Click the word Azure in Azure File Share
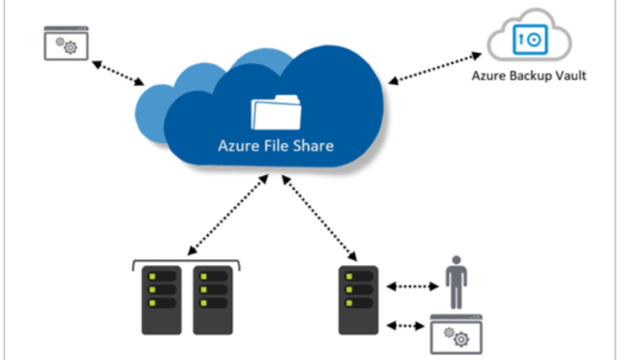click(x=237, y=148)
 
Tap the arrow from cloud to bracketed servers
click(x=228, y=219)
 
